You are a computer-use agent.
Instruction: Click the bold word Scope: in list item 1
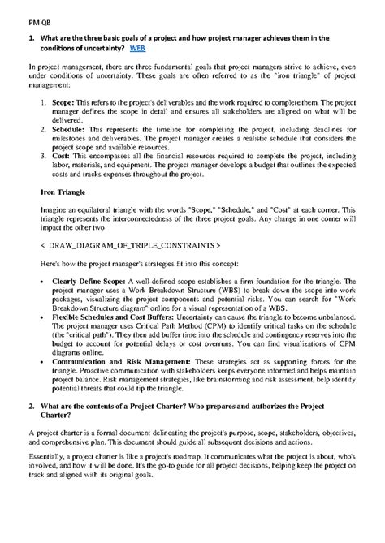point(64,105)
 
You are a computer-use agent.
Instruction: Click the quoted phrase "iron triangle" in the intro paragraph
point(277,75)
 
